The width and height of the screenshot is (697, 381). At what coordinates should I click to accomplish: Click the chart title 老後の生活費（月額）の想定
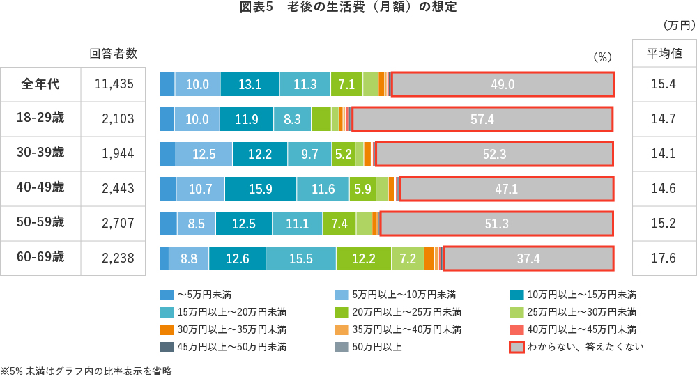click(x=348, y=8)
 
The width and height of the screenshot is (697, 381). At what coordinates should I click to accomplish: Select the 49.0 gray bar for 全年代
click(x=502, y=84)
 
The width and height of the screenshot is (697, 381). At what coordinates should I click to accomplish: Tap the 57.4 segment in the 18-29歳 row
click(x=482, y=119)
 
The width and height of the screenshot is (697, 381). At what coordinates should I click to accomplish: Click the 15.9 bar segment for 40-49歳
click(x=260, y=188)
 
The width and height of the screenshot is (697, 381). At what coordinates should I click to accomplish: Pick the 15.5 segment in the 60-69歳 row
click(x=300, y=258)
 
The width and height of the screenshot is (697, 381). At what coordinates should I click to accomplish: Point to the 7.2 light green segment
click(x=407, y=258)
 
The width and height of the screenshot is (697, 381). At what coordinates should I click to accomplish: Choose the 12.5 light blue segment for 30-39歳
click(x=204, y=154)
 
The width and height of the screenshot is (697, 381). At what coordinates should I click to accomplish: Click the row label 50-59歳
click(x=40, y=223)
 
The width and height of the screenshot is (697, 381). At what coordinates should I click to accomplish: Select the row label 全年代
click(x=40, y=84)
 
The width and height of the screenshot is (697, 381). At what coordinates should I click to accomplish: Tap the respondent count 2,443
click(x=114, y=188)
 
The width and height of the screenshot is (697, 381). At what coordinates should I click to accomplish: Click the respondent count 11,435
click(x=114, y=84)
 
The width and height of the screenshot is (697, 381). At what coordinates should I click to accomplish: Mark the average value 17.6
click(x=663, y=258)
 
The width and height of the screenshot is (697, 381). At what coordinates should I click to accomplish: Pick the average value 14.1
click(x=663, y=154)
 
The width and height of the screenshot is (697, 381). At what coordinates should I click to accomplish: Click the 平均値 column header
click(x=663, y=54)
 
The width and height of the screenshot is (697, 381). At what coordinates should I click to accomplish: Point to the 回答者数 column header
click(x=114, y=54)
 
